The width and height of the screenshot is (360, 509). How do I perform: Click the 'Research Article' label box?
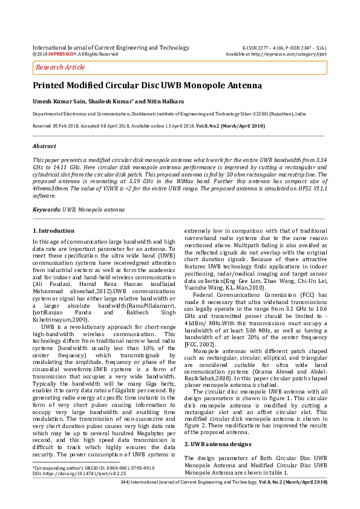(x=61, y=68)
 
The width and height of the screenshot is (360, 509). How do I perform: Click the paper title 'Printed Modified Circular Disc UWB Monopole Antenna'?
(x=148, y=86)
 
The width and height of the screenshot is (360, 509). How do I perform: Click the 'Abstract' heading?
(x=44, y=146)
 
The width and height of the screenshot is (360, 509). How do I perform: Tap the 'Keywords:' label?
(x=46, y=209)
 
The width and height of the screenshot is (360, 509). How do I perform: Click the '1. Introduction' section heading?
(x=53, y=231)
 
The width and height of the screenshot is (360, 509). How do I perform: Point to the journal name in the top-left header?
(x=111, y=47)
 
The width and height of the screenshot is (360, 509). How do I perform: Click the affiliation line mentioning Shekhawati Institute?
(x=169, y=114)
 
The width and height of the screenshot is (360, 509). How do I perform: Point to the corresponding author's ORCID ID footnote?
(x=94, y=468)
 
